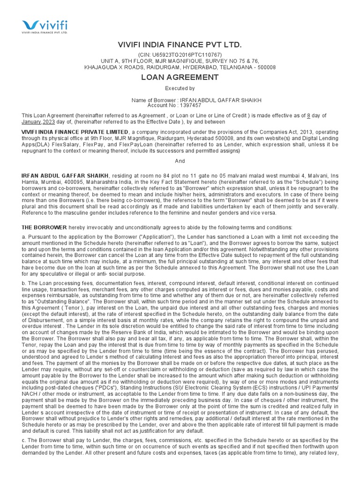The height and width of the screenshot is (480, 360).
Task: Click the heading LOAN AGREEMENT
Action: pos(180,77)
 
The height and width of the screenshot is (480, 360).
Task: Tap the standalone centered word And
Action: pos(180,161)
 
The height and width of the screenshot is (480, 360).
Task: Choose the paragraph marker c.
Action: pos(24,440)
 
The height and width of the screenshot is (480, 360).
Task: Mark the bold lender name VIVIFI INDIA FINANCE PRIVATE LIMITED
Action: pos(75,133)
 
